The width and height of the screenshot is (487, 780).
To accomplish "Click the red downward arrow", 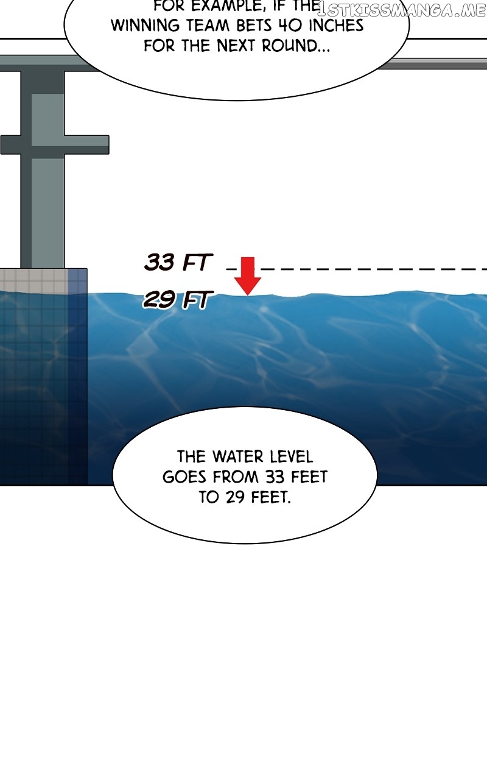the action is point(247,276).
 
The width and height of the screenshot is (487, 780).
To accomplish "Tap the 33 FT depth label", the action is point(178,262).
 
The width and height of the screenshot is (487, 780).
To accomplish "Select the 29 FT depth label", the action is point(177,299).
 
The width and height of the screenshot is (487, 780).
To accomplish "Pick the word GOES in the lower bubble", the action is point(184,477).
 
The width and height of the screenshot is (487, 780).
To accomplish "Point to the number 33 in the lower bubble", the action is point(276,477).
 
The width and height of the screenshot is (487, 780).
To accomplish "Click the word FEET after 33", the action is point(309,477).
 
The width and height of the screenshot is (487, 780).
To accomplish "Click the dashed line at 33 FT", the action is point(357,269).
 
